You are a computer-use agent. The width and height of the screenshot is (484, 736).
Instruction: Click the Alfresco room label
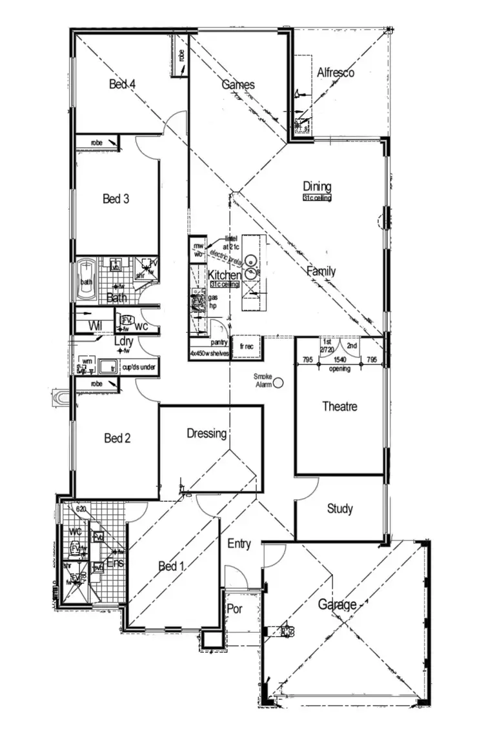click(x=336, y=73)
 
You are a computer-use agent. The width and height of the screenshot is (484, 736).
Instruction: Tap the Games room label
click(x=238, y=85)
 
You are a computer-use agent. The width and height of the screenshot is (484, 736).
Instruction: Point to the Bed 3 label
click(x=116, y=199)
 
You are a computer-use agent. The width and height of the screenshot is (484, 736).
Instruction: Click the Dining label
click(x=317, y=187)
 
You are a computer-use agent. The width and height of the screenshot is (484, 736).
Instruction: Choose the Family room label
click(x=321, y=271)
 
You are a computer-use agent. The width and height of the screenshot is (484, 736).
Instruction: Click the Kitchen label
click(x=224, y=276)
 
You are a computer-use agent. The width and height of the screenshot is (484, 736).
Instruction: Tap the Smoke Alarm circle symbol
click(x=279, y=383)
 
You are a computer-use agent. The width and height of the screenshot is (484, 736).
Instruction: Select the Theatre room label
click(x=339, y=407)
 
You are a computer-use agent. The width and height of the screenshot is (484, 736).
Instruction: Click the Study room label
click(x=339, y=509)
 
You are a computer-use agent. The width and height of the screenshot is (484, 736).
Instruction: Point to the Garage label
click(x=337, y=605)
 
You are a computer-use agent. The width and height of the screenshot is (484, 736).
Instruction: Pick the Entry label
click(x=239, y=544)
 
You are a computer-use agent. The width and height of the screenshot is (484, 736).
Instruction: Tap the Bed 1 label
click(x=172, y=566)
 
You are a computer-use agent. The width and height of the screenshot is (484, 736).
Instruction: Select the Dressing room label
click(x=207, y=433)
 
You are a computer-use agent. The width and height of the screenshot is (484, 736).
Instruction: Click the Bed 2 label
click(x=117, y=439)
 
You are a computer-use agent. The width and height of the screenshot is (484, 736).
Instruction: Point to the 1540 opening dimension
click(x=339, y=360)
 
